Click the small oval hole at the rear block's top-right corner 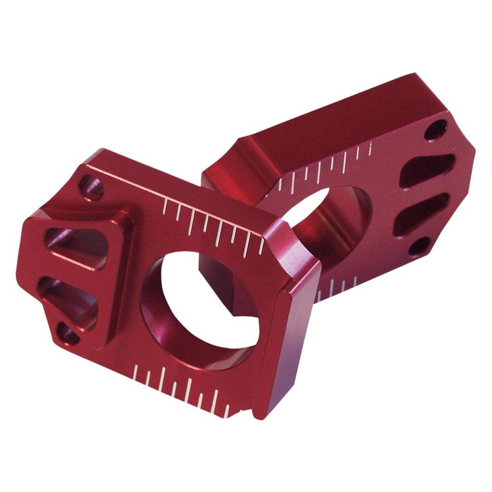(x=436, y=129)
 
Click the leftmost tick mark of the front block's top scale (x=163, y=209)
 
